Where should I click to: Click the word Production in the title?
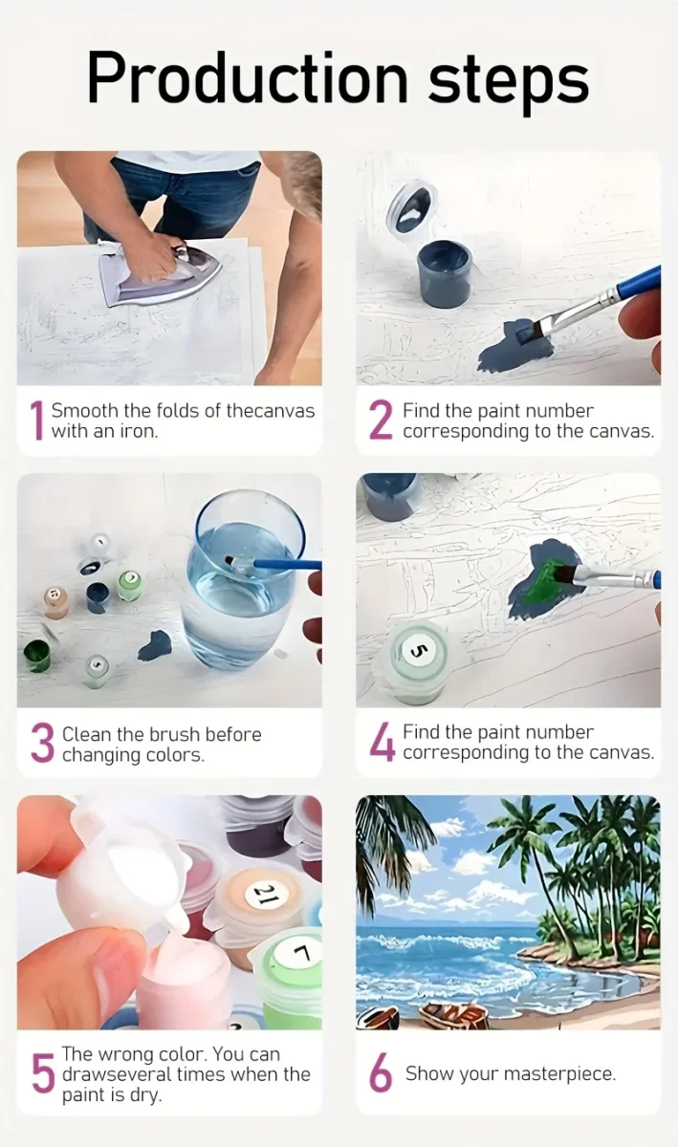pos(248,78)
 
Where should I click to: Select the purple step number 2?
pos(381,421)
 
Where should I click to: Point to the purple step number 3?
pos(42,743)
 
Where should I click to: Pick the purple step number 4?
pos(382,742)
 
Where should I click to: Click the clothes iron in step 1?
pos(159,272)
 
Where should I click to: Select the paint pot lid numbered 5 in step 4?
pos(418,650)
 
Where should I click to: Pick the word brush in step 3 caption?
pos(174,735)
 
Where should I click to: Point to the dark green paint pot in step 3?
pos(37,656)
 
